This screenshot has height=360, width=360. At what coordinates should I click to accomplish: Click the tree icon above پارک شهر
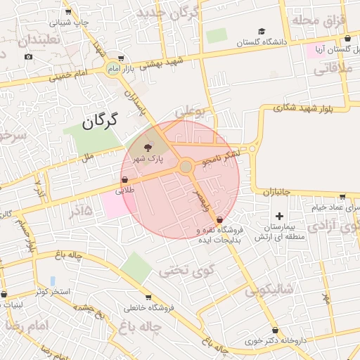tap(147, 148)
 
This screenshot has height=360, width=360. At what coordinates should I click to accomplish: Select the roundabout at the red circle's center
tap(186, 167)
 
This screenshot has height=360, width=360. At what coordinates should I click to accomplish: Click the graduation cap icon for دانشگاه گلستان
tap(262, 31)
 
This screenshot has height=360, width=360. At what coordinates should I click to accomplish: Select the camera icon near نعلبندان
tap(28, 56)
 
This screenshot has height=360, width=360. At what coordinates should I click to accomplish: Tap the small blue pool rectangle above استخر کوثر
tap(53, 281)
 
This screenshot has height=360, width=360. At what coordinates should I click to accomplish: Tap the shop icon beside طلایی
tap(124, 179)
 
